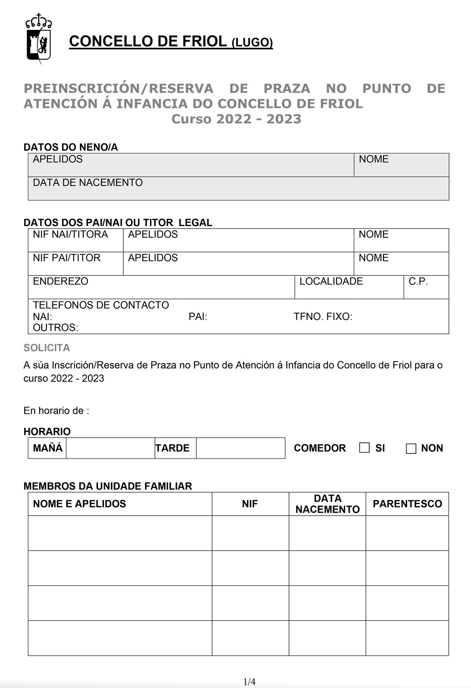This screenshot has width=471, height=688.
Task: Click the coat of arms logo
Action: click(x=38, y=38)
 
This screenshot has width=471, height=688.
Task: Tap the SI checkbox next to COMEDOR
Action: click(x=364, y=448)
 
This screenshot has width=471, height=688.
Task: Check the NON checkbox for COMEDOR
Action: click(x=411, y=448)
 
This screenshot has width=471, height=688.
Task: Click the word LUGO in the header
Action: click(x=252, y=43)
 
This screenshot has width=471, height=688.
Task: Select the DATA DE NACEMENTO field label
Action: click(x=87, y=183)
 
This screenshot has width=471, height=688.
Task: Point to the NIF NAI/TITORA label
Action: click(x=70, y=234)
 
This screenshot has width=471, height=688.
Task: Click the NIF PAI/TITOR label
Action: click(x=67, y=258)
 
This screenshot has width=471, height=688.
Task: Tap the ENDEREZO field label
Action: click(x=60, y=281)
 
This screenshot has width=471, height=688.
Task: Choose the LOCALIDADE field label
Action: click(x=331, y=281)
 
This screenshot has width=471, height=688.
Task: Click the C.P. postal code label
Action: click(x=418, y=281)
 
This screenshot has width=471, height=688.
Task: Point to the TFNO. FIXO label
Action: click(x=323, y=316)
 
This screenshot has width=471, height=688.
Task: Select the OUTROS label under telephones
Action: click(x=55, y=327)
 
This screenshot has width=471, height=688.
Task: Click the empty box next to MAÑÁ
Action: click(x=110, y=448)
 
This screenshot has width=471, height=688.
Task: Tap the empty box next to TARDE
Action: click(x=240, y=448)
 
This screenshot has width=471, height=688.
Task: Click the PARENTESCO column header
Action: click(x=407, y=504)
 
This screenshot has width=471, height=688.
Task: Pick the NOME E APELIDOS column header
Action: click(x=79, y=504)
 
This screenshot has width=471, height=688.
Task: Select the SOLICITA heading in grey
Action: click(x=47, y=347)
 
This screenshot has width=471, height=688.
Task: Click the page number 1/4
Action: click(x=249, y=682)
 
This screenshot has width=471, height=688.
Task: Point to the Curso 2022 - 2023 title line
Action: click(x=236, y=119)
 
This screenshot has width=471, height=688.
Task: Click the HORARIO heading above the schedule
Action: click(x=47, y=431)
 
